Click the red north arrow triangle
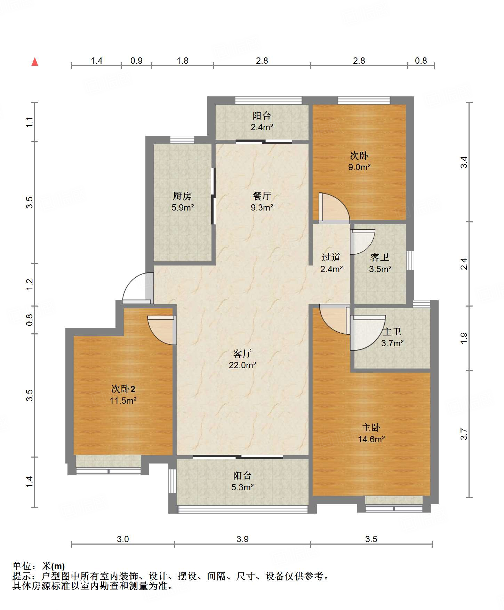tap(35, 62)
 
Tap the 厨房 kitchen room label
tap(182, 196)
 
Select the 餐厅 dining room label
tap(262, 196)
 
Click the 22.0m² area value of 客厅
tap(242, 365)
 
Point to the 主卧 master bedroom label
tap(371, 427)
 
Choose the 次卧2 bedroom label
tap(123, 389)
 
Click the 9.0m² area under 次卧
tap(359, 167)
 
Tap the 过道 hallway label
tap(331, 257)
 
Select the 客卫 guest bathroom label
tap(380, 257)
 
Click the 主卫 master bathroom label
tap(392, 332)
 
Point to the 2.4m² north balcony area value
tap(262, 127)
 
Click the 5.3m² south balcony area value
tap(242, 487)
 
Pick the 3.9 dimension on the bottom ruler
tap(242, 539)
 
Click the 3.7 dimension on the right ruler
tap(464, 434)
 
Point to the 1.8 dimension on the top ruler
tap(182, 61)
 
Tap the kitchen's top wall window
tap(182, 140)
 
